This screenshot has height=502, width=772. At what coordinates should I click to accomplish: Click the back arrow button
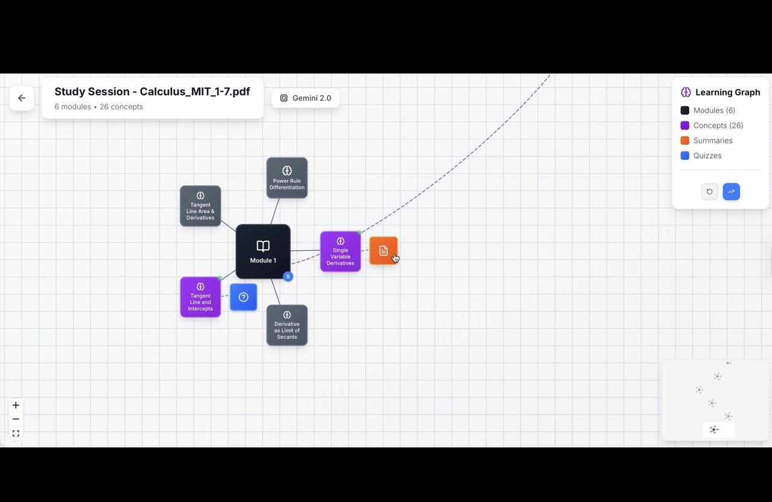click(22, 98)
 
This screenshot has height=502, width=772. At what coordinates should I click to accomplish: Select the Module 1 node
click(263, 252)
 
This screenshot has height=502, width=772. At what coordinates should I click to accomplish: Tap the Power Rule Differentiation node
click(287, 178)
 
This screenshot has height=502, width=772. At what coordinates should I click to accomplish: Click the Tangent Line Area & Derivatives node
click(200, 206)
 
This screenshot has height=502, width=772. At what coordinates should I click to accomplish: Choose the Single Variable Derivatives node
click(340, 252)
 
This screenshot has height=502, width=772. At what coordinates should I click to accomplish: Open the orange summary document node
click(384, 250)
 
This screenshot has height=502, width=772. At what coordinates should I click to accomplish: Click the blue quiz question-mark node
click(244, 297)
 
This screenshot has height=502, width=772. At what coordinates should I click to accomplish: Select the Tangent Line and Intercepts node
click(200, 297)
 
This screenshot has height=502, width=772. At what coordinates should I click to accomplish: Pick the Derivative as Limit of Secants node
click(287, 325)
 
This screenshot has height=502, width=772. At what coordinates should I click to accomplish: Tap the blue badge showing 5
click(288, 276)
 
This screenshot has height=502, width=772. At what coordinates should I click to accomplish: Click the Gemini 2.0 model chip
click(306, 98)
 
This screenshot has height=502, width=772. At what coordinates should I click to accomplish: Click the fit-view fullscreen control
click(16, 433)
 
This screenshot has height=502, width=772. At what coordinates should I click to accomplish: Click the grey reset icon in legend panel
click(710, 191)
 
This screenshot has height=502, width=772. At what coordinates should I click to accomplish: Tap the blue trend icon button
click(731, 191)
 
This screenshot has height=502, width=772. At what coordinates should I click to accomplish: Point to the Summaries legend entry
click(712, 141)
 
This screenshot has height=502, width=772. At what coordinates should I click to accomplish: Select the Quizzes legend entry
click(707, 156)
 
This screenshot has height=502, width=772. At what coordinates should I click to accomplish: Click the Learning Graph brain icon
click(686, 92)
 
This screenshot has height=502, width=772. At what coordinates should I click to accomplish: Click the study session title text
click(152, 92)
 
